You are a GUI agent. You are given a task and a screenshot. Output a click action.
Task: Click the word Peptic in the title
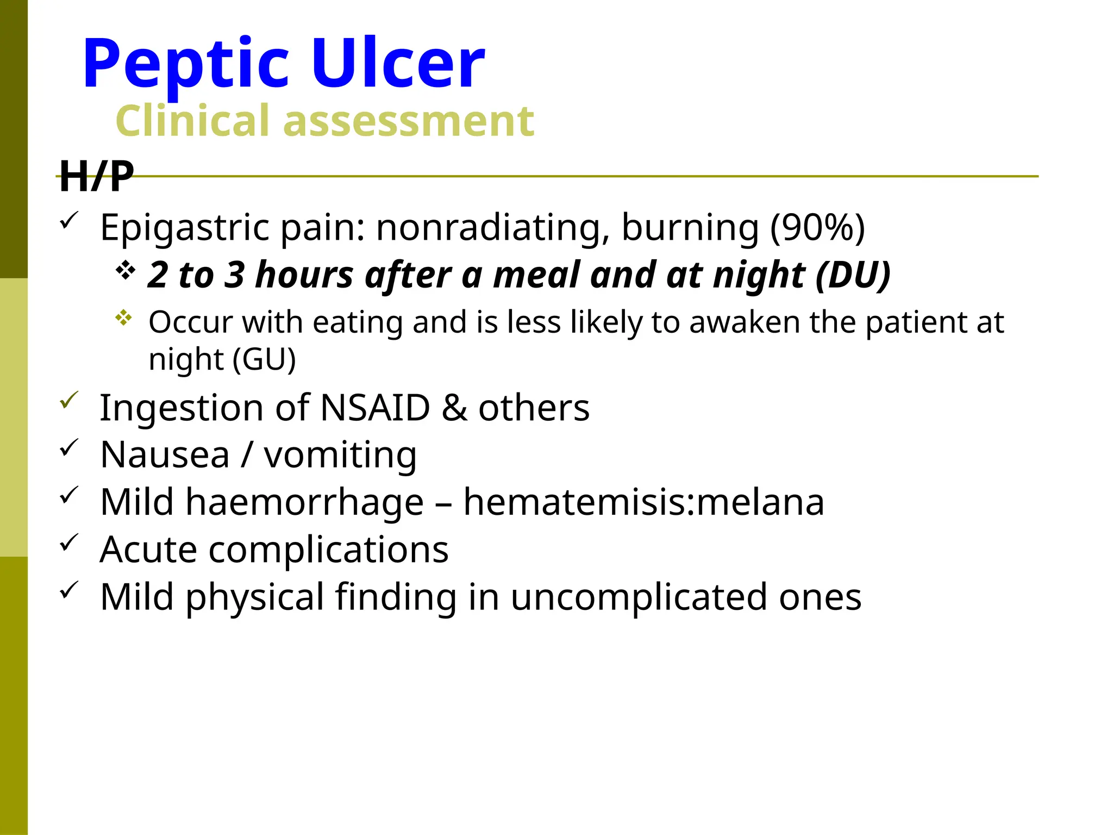(185, 64)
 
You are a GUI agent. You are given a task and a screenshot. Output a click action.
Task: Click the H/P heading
(96, 176)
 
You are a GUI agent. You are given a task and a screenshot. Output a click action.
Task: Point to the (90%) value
(817, 227)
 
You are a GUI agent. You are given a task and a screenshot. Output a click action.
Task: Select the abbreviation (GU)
(264, 359)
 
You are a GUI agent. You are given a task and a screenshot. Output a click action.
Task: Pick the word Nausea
(165, 454)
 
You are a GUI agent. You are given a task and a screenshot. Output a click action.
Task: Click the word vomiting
(340, 456)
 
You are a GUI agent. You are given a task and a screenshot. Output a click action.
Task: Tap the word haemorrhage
(304, 502)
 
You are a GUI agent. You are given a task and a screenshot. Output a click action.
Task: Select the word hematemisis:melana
(643, 502)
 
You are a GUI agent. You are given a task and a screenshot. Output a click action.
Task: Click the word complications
(328, 550)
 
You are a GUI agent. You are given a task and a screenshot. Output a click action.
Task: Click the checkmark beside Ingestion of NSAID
(69, 401)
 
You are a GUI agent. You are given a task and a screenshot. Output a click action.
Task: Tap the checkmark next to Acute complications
(69, 543)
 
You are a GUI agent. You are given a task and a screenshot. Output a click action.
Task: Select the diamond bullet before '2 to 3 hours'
(125, 270)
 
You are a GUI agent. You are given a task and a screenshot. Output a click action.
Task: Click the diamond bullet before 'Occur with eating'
(124, 317)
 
